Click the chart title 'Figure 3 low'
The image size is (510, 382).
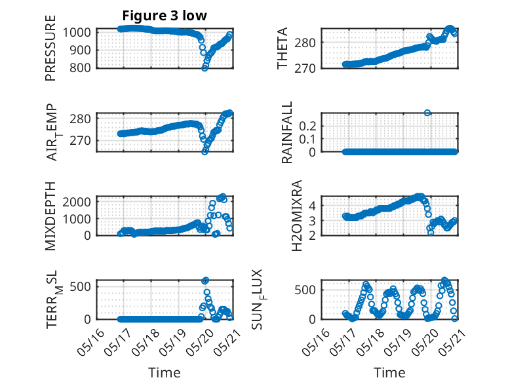coord(165,16)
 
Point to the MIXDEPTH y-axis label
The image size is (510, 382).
coord(50,216)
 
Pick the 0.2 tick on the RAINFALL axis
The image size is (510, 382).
coord(309,125)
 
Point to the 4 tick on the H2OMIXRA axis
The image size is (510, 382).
coord(313,205)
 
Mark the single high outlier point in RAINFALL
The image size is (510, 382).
coord(427,113)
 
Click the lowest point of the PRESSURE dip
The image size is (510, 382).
coord(205,67)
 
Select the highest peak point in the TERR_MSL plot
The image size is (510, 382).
coord(205,280)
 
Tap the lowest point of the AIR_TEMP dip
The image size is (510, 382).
coord(205,151)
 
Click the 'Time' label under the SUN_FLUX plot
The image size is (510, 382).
coord(389,373)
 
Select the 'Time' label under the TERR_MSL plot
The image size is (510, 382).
coord(165,373)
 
